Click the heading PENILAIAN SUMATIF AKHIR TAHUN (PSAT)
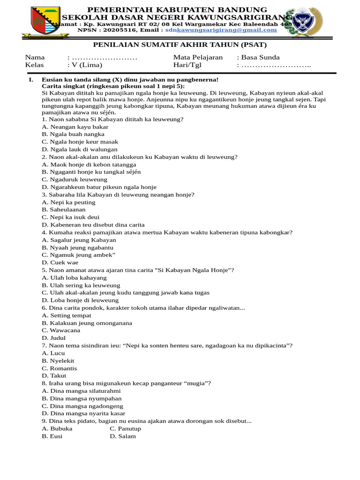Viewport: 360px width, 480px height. coord(180,45)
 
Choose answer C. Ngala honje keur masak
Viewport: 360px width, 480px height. coord(80,142)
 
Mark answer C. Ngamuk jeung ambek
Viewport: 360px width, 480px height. coord(78,255)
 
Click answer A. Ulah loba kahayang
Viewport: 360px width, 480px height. coord(74,277)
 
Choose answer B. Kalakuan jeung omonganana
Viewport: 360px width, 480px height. coord(87,323)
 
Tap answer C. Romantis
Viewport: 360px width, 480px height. coord(59,368)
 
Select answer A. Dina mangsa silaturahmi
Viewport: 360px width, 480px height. coord(81,391)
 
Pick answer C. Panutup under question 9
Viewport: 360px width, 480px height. coord(125,428)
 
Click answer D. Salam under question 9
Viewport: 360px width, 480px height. coord(123,436)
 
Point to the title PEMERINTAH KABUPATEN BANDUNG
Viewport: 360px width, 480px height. coord(178,9)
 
